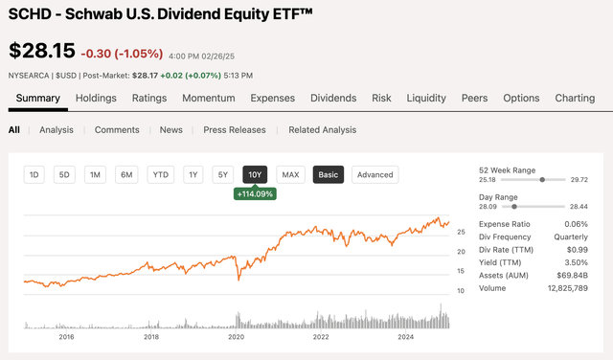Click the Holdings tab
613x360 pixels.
click(x=96, y=98)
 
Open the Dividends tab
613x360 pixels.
click(x=332, y=98)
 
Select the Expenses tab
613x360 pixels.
click(x=273, y=98)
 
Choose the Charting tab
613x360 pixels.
click(x=575, y=98)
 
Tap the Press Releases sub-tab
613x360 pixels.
click(x=236, y=130)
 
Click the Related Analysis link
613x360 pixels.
click(x=322, y=130)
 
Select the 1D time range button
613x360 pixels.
click(x=34, y=174)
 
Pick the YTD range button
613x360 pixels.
click(x=161, y=174)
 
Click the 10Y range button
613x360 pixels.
click(x=255, y=174)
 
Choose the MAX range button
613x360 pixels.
click(x=290, y=174)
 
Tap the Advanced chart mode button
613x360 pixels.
click(x=375, y=174)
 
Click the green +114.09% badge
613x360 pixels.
click(x=255, y=194)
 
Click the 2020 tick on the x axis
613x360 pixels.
click(x=237, y=336)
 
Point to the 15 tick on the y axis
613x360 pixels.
click(x=462, y=272)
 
